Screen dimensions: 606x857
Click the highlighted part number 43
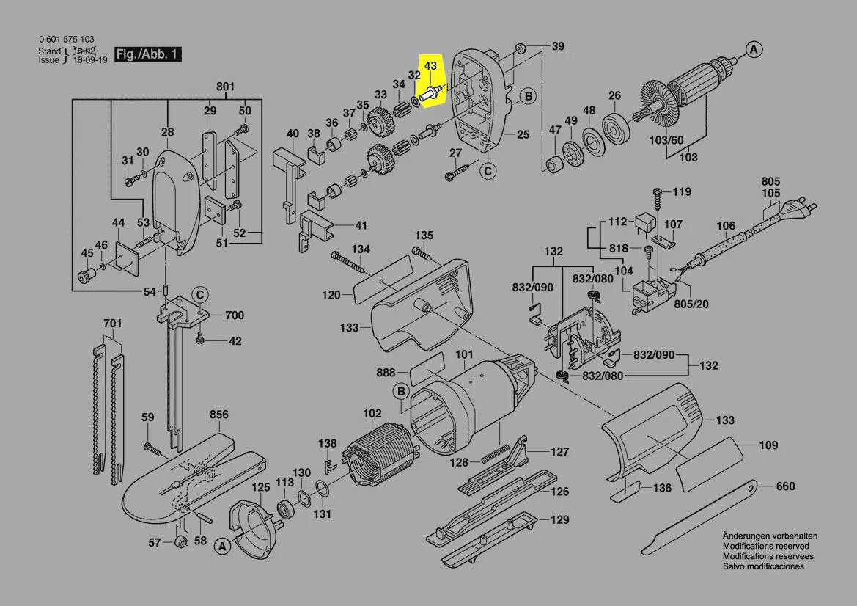[x=431, y=66]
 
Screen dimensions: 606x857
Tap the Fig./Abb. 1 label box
[x=147, y=55]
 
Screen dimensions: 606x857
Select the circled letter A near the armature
[x=753, y=50]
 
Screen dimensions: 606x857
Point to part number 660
[x=785, y=486]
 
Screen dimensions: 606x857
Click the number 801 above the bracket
[x=225, y=87]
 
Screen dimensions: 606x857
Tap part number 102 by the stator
[x=372, y=413]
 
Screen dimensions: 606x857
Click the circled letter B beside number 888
[x=401, y=392]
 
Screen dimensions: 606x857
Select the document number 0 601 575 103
[x=66, y=40]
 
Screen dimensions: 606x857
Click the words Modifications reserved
[x=766, y=547]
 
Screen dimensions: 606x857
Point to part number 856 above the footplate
[x=218, y=415]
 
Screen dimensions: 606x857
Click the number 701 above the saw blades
[x=112, y=322]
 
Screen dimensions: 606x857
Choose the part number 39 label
[x=558, y=46]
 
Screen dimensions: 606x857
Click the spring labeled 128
[x=500, y=453]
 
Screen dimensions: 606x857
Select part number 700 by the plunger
[x=234, y=315]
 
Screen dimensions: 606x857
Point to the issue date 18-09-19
[x=88, y=60]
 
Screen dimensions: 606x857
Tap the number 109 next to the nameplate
[x=768, y=445]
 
